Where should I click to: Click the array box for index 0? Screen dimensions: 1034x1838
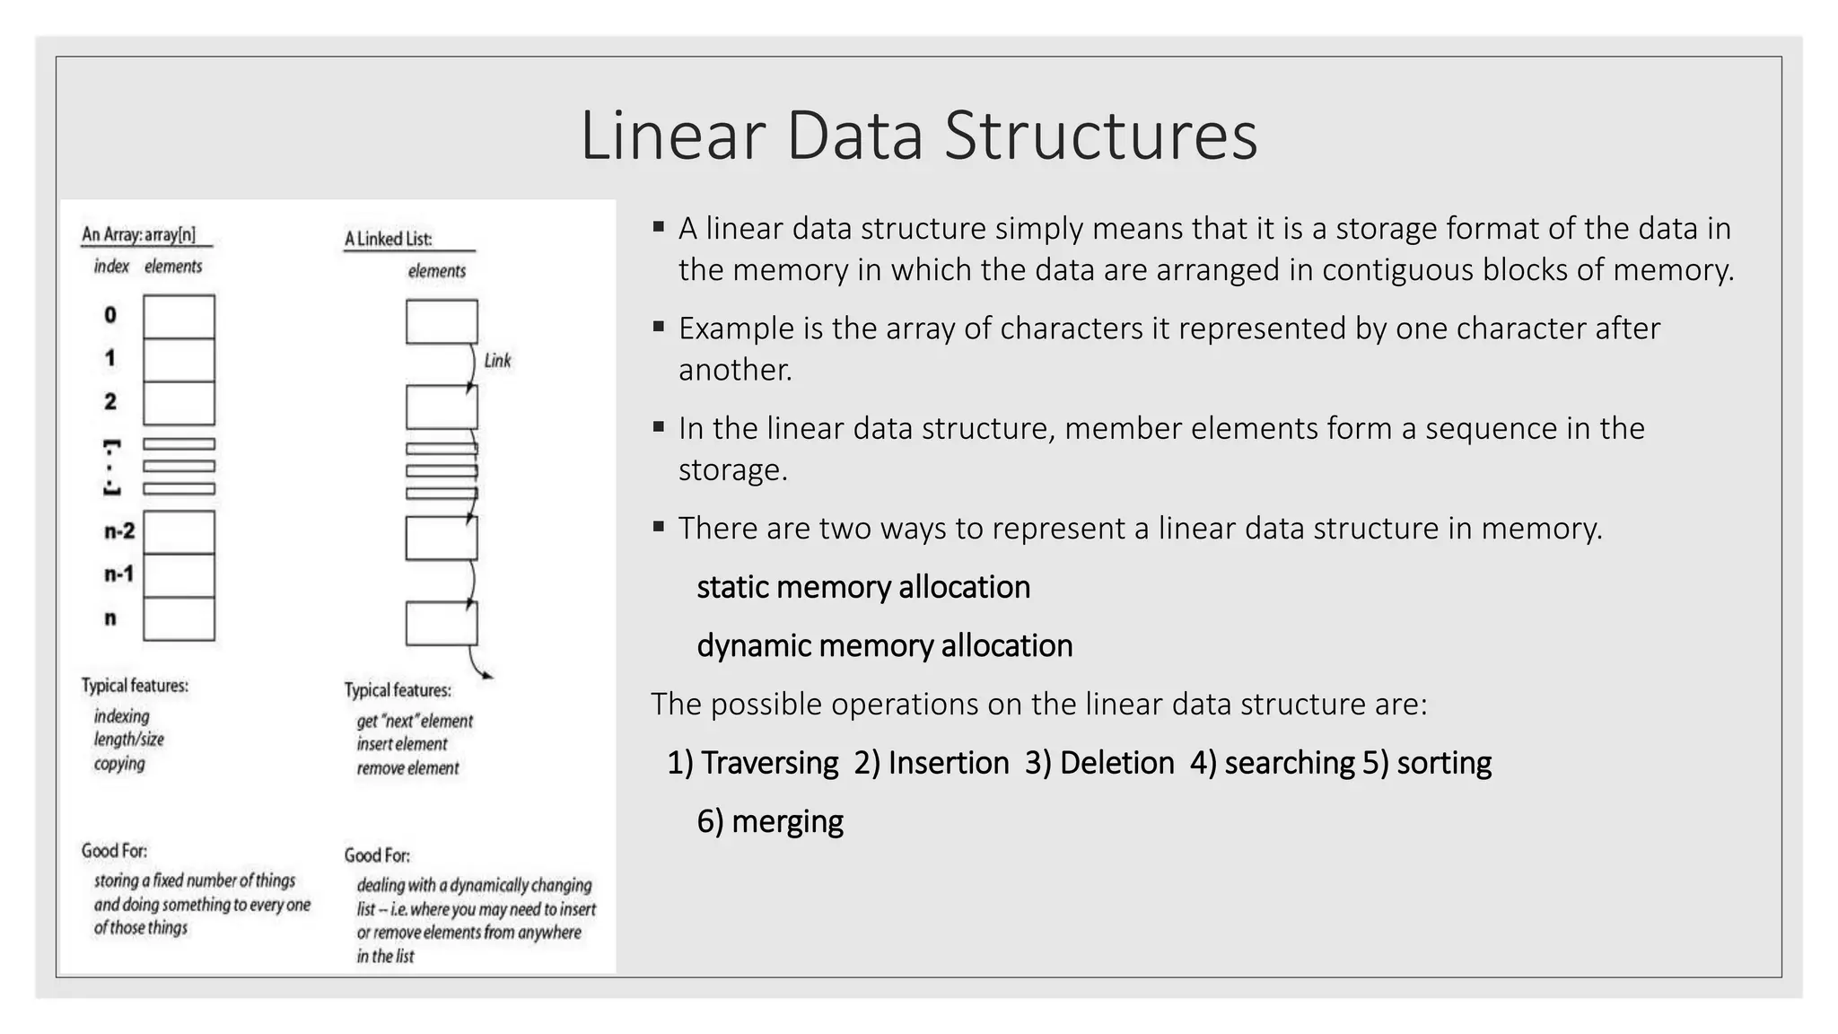179,316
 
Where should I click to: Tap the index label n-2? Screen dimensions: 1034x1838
118,531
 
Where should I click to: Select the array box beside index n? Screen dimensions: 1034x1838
179,618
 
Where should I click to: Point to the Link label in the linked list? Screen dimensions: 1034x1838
497,361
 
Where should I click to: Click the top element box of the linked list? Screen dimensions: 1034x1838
442,321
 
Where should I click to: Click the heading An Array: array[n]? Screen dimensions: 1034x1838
139,235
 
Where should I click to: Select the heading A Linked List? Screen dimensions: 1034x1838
389,239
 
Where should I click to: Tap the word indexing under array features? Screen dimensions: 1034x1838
122,716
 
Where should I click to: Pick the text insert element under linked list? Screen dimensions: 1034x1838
402,744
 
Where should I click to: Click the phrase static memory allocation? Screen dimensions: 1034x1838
863,587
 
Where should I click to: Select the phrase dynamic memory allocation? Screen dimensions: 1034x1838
884,645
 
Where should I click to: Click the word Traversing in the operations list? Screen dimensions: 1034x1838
769,763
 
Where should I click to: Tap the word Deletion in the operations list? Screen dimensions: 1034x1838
1116,763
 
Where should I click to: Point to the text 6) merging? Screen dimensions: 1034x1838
770,821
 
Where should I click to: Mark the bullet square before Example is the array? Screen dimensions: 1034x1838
659,327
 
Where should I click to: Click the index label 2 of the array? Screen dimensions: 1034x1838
110,402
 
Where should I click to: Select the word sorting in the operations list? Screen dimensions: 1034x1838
1444,763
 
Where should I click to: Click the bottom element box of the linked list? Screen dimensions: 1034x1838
442,623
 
